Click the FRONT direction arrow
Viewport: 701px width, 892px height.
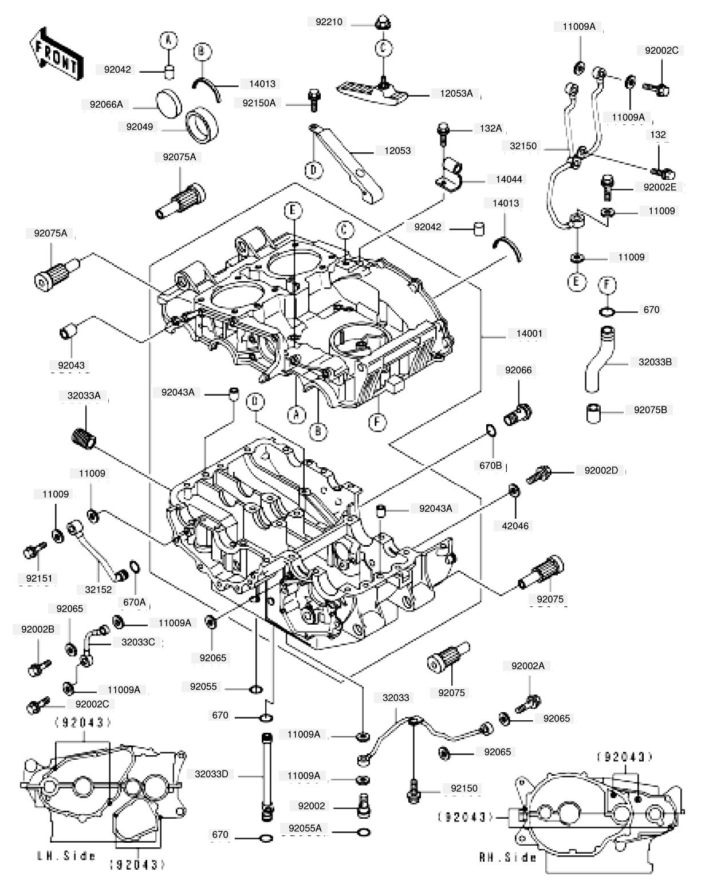[x=56, y=54]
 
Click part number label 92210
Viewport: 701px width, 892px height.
[x=329, y=22]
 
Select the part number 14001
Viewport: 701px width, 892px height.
[x=529, y=333]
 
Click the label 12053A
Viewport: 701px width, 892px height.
[x=456, y=93]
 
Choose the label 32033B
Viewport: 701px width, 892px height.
[x=655, y=362]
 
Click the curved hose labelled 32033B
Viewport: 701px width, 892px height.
[x=599, y=359]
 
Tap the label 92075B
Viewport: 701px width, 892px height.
[x=650, y=410]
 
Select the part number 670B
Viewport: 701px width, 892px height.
[x=490, y=465]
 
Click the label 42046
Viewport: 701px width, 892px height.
[x=515, y=526]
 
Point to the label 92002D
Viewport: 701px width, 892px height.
[x=601, y=470]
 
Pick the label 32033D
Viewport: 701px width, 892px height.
[x=211, y=774]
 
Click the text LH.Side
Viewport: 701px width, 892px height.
[x=66, y=855]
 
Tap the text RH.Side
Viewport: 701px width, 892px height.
[x=507, y=857]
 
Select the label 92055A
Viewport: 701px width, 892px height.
[x=305, y=828]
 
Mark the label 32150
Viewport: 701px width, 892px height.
[x=523, y=146]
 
